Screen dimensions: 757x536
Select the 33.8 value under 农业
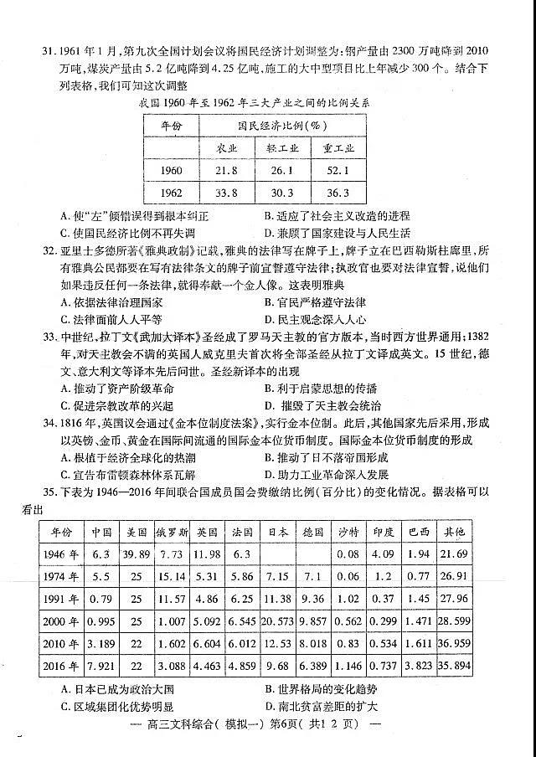tap(226, 192)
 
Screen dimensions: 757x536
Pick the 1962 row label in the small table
tap(171, 192)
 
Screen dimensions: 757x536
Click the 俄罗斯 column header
tap(171, 532)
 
